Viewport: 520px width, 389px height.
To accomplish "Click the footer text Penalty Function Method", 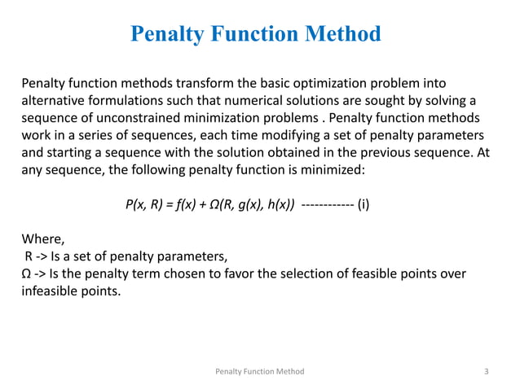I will [259, 372].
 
